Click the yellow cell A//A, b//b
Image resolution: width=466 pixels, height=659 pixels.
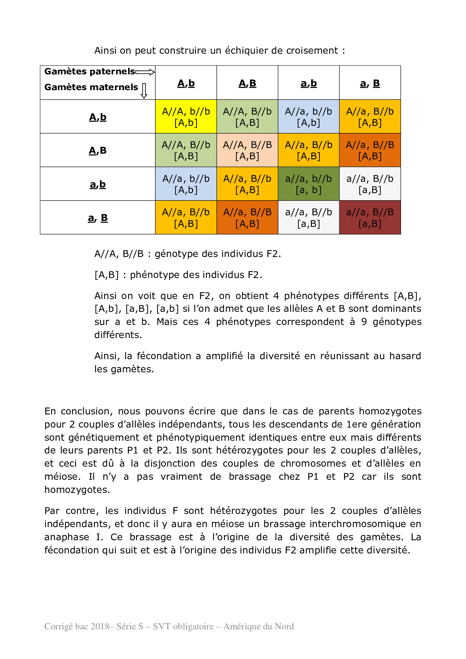(x=186, y=116)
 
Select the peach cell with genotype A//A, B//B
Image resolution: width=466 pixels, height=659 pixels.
(x=247, y=150)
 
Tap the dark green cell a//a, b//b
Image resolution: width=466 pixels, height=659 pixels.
(x=309, y=184)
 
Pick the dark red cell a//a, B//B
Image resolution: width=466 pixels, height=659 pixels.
(x=370, y=218)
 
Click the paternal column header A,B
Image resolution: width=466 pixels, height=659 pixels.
(x=247, y=83)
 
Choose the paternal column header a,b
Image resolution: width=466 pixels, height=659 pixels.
(x=309, y=83)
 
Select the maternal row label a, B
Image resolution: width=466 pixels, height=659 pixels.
(x=98, y=218)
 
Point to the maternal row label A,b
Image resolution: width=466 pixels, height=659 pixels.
(x=98, y=117)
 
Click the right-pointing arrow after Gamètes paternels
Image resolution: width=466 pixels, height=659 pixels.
(x=145, y=72)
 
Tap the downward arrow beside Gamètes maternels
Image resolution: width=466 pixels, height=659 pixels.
(x=144, y=91)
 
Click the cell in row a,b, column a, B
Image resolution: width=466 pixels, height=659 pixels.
(x=370, y=184)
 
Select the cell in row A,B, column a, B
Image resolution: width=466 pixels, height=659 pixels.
(x=370, y=150)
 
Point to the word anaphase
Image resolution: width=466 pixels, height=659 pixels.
(x=67, y=537)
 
